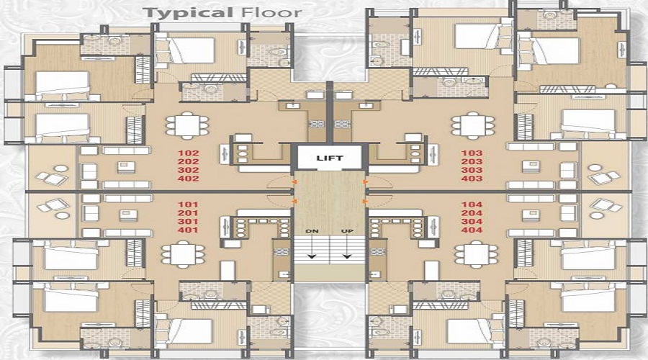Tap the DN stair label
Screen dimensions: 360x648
pyautogui.click(x=311, y=231)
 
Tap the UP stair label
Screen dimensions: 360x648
pyautogui.click(x=348, y=231)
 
